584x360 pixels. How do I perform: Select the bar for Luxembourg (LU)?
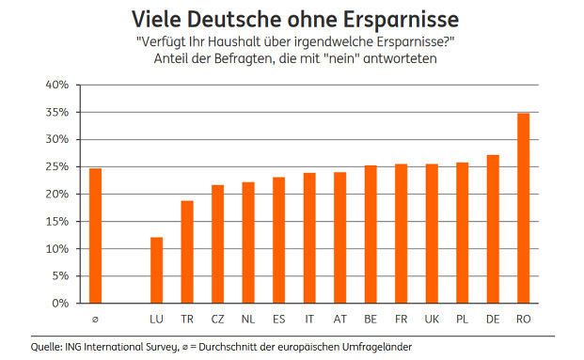click(156, 271)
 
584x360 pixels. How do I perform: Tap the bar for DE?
click(493, 229)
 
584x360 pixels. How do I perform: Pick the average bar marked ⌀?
click(95, 236)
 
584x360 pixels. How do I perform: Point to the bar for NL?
click(248, 243)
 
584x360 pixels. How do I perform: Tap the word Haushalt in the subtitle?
click(261, 42)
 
